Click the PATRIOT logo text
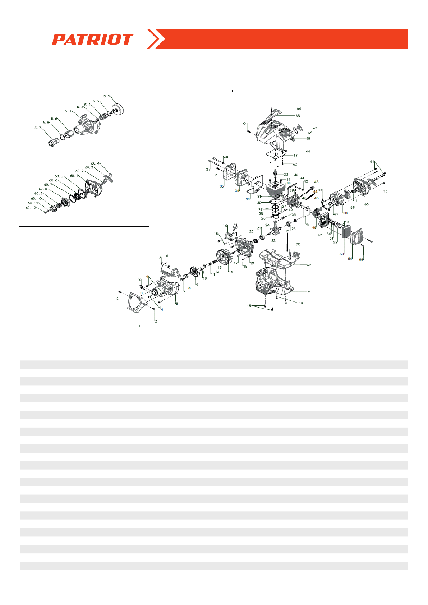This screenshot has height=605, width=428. [x=93, y=40]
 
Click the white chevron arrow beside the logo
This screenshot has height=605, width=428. [x=156, y=39]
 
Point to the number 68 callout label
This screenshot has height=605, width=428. [x=298, y=116]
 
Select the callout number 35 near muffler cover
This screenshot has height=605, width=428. [x=222, y=186]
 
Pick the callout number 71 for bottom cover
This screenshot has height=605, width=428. [x=309, y=292]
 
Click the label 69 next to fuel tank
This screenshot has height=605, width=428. [x=309, y=265]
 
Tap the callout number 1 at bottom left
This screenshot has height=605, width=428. [x=139, y=326]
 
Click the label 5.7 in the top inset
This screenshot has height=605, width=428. [x=38, y=128]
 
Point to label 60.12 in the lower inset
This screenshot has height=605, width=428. [x=31, y=208]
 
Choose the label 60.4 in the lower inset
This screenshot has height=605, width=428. [x=95, y=163]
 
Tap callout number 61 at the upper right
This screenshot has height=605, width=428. [x=372, y=162]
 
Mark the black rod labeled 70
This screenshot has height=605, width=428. [x=288, y=243]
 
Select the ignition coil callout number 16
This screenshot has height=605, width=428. [x=225, y=226]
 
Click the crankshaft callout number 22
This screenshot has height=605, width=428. [x=273, y=241]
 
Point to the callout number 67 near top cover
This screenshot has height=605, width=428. [x=315, y=128]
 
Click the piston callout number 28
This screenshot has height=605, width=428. [x=261, y=214]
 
